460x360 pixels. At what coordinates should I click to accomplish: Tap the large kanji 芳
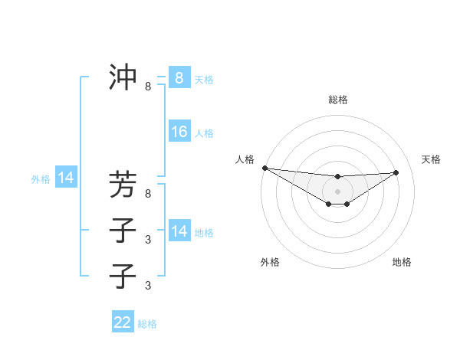coord(123,185)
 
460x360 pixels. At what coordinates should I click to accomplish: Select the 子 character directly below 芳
coord(123,230)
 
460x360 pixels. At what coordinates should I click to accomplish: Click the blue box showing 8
coord(179,77)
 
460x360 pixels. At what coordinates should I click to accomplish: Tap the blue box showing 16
coord(179,132)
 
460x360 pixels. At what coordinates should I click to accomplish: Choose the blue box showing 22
coord(123,322)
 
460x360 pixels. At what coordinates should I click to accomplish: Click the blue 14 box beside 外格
coord(66,178)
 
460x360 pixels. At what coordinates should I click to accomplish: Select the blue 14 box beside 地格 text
coord(179,231)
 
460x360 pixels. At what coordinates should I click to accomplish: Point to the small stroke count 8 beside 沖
coord(148,87)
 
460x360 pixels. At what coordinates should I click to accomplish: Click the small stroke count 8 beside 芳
coord(148,195)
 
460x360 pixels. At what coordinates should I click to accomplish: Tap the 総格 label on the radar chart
coord(337,100)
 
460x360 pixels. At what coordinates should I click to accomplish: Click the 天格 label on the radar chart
coord(431,159)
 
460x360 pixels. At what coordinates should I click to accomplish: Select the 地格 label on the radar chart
coord(402,262)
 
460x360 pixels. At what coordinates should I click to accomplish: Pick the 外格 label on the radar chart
coord(270,262)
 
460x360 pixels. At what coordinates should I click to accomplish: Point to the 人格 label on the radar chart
coord(245,159)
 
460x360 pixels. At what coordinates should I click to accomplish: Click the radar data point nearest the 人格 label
coord(264,168)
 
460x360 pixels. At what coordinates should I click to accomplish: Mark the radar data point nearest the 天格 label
coord(396,172)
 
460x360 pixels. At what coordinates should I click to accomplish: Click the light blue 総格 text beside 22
coord(148,324)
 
